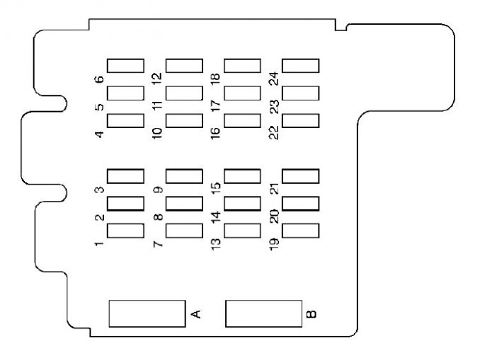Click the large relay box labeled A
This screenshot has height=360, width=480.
[146, 313]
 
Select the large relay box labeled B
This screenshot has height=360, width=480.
[263, 313]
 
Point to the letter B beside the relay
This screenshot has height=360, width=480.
[312, 313]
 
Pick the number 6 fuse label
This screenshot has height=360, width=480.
[100, 79]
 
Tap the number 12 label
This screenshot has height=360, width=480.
[157, 76]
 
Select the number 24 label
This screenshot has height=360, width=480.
[274, 76]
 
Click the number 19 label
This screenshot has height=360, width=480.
[274, 244]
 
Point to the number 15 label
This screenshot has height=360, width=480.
[216, 187]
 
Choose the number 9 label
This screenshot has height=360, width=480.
[158, 190]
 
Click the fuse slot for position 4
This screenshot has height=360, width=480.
[125, 120]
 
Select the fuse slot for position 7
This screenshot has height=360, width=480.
[184, 231]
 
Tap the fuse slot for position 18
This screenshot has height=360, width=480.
[243, 66]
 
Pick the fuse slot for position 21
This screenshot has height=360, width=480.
[301, 176]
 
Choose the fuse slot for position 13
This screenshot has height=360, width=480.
[243, 231]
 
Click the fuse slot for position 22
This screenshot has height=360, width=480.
[301, 120]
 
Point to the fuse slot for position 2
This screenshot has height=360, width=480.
[125, 204]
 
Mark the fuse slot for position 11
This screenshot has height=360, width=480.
[184, 93]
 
